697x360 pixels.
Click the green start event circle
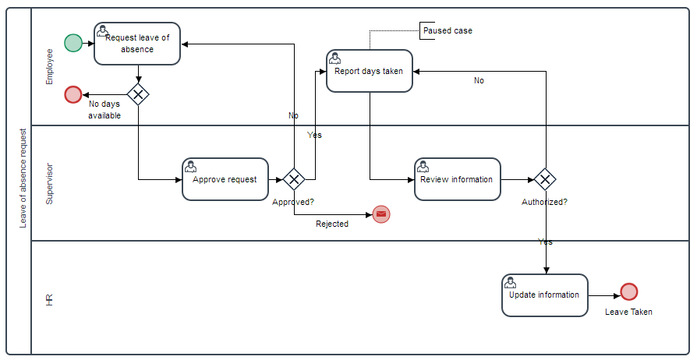click(73, 43)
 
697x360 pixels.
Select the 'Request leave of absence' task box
click(137, 44)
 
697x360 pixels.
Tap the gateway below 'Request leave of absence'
click(138, 95)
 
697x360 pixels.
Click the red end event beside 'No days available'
click(73, 95)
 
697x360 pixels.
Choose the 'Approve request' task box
click(225, 179)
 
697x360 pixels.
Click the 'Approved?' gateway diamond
click(293, 180)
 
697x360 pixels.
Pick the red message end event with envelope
click(381, 214)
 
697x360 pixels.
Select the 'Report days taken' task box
click(369, 71)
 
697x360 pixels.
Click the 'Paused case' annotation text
click(448, 31)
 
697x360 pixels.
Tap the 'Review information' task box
click(457, 179)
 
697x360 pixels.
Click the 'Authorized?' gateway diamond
click(545, 180)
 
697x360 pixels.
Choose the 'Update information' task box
click(544, 295)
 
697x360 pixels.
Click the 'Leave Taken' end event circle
click(629, 292)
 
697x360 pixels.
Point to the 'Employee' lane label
click(50, 66)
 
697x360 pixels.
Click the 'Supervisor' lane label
click(50, 183)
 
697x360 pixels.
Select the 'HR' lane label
click(50, 299)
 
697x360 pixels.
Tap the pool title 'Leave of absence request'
click(23, 178)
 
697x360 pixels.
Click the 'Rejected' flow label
click(332, 224)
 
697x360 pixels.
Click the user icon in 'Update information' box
click(510, 282)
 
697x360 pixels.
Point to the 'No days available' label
click(104, 109)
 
